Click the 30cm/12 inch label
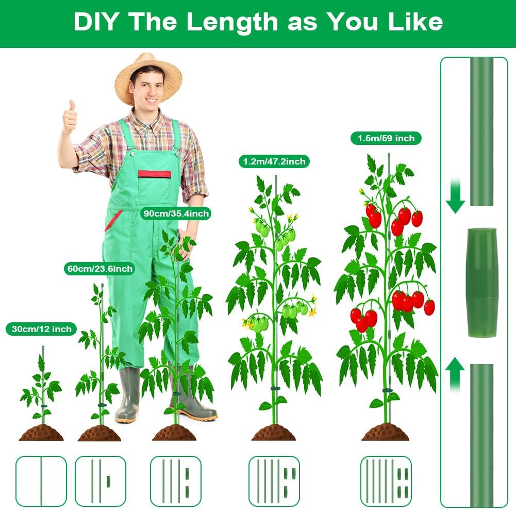(x=41, y=329)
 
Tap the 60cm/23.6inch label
(x=99, y=269)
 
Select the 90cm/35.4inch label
(x=176, y=213)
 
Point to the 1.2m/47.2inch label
(x=274, y=161)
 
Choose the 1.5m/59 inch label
(x=386, y=138)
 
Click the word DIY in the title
(x=95, y=22)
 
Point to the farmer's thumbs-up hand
(x=70, y=118)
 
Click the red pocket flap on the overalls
(x=154, y=174)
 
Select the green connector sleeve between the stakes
(x=483, y=282)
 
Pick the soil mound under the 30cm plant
(x=41, y=433)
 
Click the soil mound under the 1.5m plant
(x=386, y=432)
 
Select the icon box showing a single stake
(x=41, y=481)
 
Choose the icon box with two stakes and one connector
(x=101, y=481)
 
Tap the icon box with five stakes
(x=386, y=481)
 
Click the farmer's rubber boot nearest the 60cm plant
(x=128, y=395)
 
